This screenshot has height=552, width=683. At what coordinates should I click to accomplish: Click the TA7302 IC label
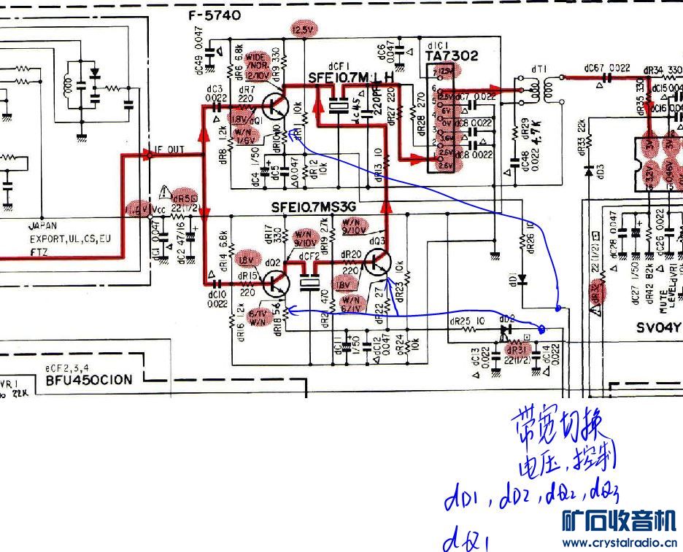click(x=453, y=55)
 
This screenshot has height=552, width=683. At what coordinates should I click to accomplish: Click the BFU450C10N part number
click(x=89, y=379)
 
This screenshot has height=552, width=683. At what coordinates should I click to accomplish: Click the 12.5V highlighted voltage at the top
click(x=302, y=29)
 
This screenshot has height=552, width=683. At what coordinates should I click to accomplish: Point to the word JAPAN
click(x=43, y=227)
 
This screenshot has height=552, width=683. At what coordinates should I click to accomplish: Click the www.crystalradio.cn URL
click(x=620, y=543)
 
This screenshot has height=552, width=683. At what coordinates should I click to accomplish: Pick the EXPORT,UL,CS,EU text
click(x=70, y=238)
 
